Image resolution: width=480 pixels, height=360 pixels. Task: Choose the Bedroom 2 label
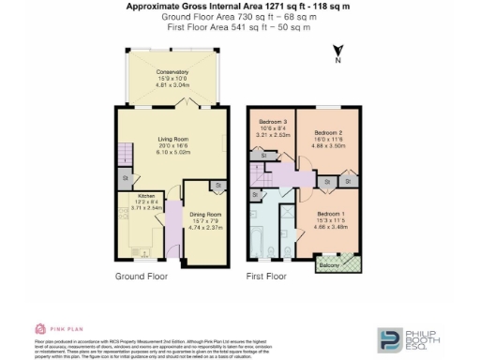[x=329, y=133]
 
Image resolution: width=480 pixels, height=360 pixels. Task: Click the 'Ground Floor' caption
[x=142, y=277]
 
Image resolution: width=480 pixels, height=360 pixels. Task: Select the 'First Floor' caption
[x=266, y=277]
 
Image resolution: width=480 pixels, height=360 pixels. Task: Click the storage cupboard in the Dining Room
[x=217, y=187]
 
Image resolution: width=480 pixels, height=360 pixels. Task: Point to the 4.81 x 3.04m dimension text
[x=172, y=84]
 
